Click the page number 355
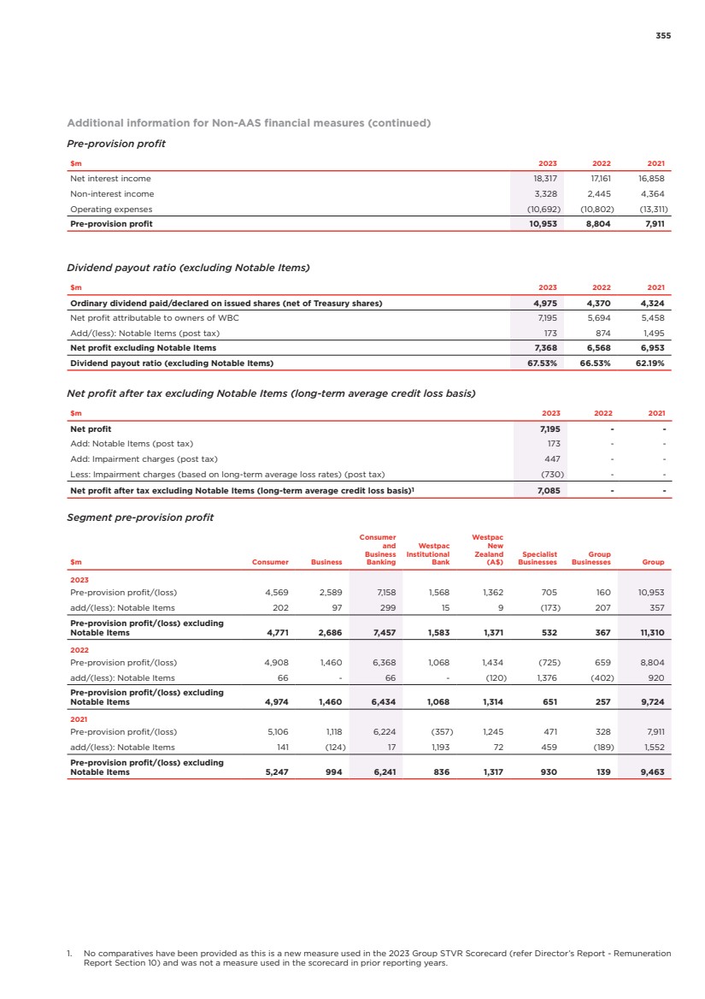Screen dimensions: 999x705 (x=663, y=36)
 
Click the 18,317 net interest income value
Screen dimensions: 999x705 (x=546, y=179)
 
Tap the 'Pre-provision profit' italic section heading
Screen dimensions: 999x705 (x=115, y=143)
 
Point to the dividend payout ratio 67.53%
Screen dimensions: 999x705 (x=542, y=364)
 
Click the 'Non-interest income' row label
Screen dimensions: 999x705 (x=111, y=194)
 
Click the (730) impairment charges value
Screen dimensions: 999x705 (x=545, y=474)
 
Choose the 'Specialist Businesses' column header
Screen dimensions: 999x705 (x=538, y=559)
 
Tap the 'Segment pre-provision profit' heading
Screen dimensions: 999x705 (x=140, y=517)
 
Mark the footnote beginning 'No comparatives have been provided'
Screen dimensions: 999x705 (x=376, y=956)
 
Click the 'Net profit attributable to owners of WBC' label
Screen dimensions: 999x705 (x=155, y=317)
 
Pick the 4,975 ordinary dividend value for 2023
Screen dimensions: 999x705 (x=546, y=303)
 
